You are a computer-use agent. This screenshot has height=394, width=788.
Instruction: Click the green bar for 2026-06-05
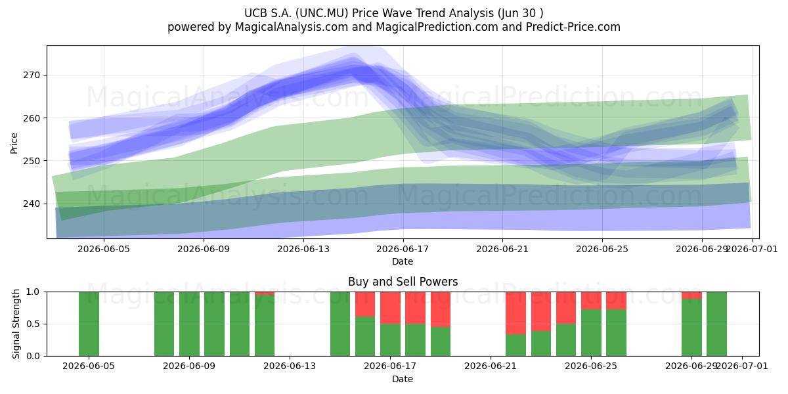point(89,324)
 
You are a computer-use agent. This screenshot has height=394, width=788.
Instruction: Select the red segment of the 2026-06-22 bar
point(515,313)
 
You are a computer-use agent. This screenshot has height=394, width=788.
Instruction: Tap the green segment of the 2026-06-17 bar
point(390,340)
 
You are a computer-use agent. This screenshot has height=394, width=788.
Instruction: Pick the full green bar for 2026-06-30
point(716,324)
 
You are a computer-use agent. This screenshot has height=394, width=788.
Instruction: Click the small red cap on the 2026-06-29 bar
point(691,295)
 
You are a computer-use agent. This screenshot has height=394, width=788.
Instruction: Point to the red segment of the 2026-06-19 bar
point(441,309)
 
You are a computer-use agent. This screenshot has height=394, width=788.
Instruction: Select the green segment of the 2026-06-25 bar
point(591,333)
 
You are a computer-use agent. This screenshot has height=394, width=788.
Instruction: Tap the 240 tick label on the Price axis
point(32,204)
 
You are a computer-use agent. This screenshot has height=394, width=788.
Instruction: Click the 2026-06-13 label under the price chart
point(303,249)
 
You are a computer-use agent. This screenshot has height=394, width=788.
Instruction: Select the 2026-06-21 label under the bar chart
point(491,366)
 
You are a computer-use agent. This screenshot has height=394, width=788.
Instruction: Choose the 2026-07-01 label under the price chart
point(752,249)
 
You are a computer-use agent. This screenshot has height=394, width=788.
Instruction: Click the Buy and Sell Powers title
point(403,282)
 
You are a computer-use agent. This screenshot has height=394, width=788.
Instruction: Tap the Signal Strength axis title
point(16,324)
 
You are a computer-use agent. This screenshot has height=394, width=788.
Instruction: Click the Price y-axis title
point(14,143)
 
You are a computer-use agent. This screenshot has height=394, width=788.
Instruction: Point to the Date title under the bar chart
point(403,379)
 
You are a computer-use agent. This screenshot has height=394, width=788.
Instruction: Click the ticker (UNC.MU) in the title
point(322,13)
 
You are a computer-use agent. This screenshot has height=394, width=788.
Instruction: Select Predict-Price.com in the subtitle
point(573,27)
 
